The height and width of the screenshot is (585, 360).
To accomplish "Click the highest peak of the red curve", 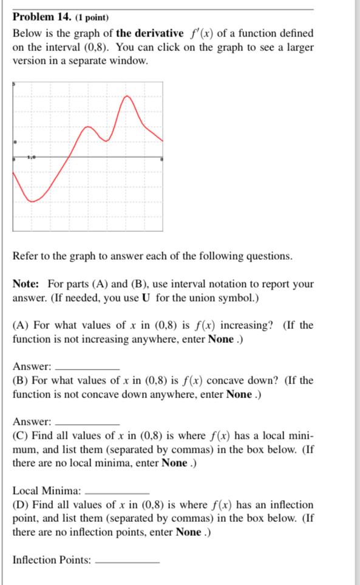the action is point(128,97).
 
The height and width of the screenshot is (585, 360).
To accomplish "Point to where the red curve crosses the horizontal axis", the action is point(68,157).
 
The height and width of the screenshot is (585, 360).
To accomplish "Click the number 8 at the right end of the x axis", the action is point(161,160).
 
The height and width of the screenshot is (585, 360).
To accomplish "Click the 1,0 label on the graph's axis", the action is point(31,157).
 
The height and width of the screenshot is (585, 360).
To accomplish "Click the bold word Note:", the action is point(26,283).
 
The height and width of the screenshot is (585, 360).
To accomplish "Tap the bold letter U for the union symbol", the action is point(145,298).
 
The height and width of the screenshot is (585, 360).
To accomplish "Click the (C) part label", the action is point(20,436).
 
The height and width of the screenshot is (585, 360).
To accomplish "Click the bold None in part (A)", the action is point(220,339).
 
